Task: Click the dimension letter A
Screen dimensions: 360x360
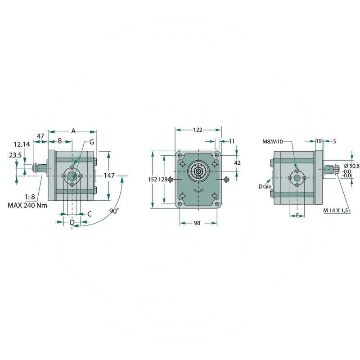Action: [73, 131]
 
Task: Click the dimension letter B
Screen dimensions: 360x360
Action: [60, 141]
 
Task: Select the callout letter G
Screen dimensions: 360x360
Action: [92, 142]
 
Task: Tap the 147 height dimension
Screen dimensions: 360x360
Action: [109, 175]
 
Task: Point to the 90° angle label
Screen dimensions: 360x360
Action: [114, 211]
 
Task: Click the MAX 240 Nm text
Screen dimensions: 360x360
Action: [27, 205]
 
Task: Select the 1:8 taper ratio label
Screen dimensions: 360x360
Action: [30, 197]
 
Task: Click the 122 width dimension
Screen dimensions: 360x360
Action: [198, 130]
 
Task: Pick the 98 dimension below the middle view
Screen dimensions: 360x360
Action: [197, 223]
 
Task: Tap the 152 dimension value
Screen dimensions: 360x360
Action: [153, 180]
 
